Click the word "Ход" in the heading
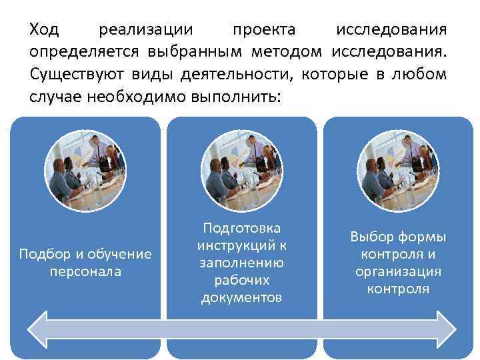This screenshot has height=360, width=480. tap(44, 30)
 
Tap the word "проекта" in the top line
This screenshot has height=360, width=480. tap(265, 30)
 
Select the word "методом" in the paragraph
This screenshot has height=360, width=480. tap(287, 52)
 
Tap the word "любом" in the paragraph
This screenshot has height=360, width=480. tap(423, 74)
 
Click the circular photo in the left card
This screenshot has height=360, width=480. tap(85, 170)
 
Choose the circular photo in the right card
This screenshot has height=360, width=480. tap(398, 170)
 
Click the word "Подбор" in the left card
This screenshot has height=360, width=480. tap(43, 254)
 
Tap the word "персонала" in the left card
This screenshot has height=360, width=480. tap(85, 271)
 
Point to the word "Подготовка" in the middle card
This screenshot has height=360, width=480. tap(241, 229)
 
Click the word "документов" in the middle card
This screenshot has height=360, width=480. tap(241, 297)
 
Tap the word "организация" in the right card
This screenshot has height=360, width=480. tap(399, 271)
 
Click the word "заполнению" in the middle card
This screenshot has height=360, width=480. tap(241, 263)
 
